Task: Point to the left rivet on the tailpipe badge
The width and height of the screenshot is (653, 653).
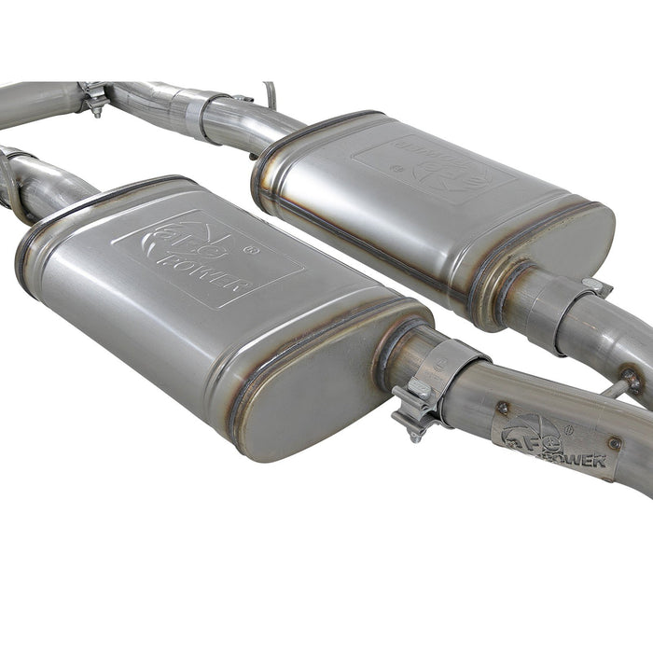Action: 502,407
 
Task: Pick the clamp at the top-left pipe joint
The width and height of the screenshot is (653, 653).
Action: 93,97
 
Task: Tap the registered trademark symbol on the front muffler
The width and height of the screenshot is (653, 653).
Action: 250,249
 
